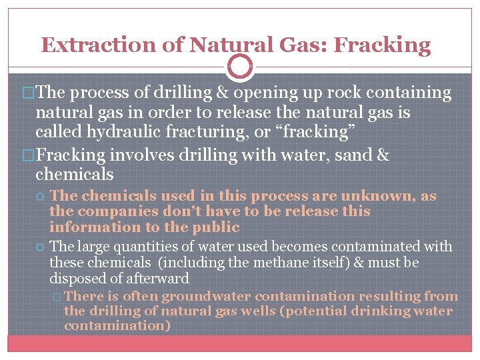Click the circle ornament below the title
point(240,67)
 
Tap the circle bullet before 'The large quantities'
point(42,247)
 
